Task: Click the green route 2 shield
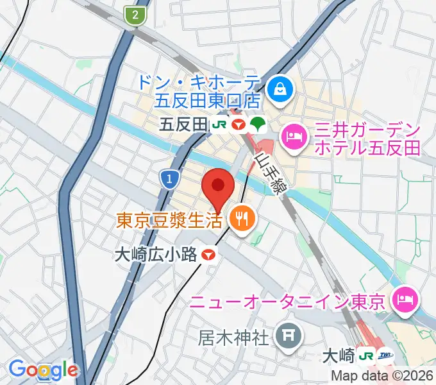135,15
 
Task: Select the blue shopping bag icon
280,89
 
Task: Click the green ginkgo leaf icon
258,123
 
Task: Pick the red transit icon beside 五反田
239,123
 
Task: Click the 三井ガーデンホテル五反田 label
367,139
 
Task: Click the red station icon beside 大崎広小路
208,255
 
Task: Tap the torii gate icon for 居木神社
285,336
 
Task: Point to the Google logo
43,370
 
